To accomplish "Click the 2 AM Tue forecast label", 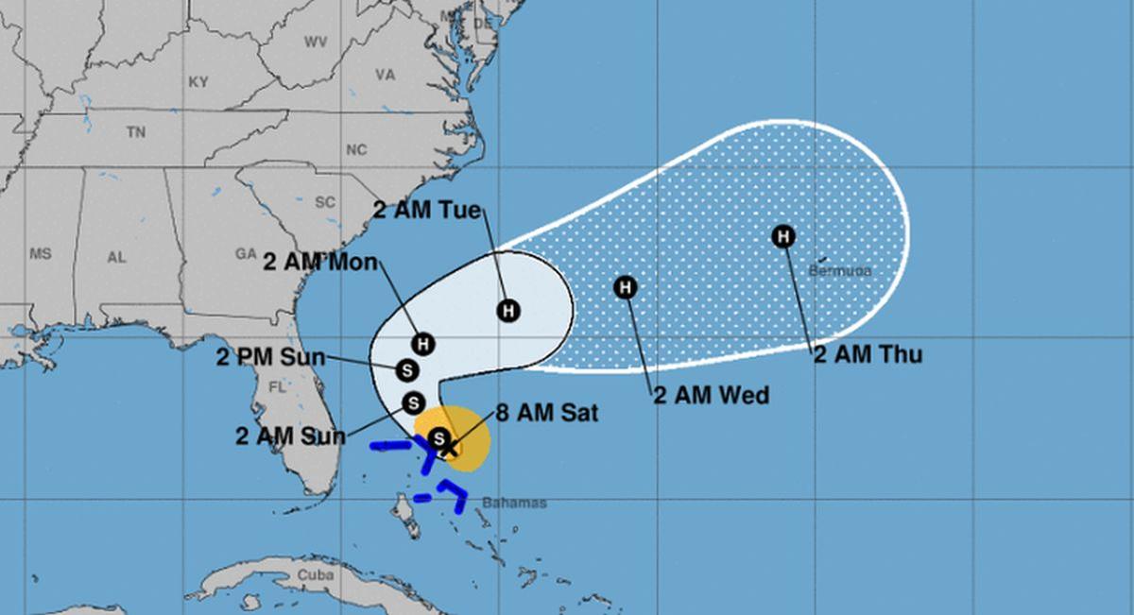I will (x=427, y=211).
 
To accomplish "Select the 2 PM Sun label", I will (x=270, y=357).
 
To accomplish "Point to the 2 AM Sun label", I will (x=290, y=436).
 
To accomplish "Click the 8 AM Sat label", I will (x=546, y=413).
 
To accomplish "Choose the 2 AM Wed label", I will (x=711, y=395).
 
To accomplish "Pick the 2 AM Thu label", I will (x=868, y=355).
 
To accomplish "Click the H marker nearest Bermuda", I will (x=782, y=236).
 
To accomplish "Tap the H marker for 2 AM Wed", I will (x=626, y=286).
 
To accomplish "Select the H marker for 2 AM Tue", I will (x=508, y=310).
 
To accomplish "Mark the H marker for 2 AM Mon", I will (x=422, y=344).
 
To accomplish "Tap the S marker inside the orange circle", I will (x=438, y=437).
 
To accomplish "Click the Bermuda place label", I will (x=840, y=271).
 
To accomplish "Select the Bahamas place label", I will (x=514, y=504).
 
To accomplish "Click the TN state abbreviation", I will (x=136, y=133).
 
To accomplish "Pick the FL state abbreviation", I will (x=277, y=387).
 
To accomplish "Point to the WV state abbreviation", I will (x=315, y=43).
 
